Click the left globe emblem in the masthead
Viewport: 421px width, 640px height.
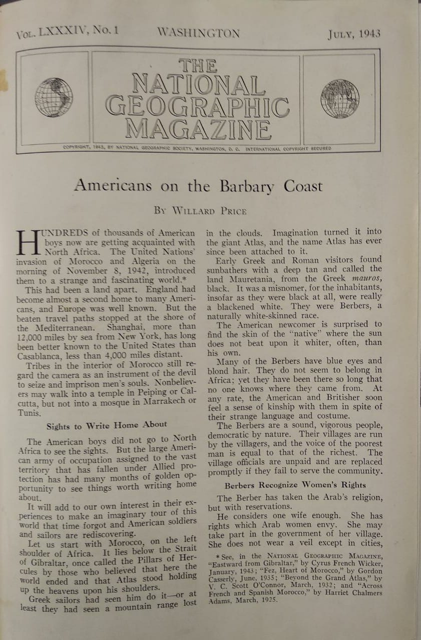[54, 97]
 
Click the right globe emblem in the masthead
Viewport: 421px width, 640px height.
[340, 99]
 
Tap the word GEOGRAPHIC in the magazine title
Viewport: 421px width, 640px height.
[197, 105]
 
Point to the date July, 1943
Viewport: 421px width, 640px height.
[354, 34]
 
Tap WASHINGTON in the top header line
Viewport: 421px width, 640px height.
[199, 33]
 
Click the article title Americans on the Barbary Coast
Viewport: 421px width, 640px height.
[198, 186]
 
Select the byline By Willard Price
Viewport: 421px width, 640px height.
[200, 210]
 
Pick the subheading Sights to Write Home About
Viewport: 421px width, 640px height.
[107, 425]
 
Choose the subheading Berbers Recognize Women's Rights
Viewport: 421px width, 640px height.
[295, 484]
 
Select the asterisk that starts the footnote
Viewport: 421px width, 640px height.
[218, 556]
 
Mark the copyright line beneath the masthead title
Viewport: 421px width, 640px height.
[197, 148]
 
